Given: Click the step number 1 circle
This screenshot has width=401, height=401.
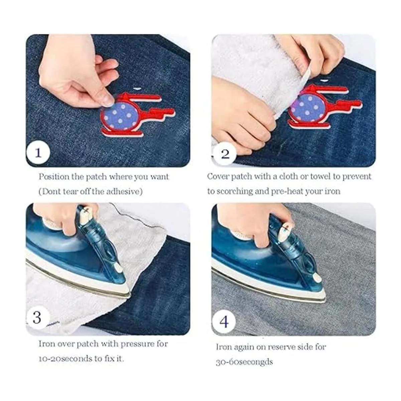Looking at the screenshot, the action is click(38, 154).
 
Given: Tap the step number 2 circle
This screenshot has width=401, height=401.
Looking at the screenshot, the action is click(225, 154).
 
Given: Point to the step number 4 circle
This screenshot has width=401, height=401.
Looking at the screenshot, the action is click(224, 322).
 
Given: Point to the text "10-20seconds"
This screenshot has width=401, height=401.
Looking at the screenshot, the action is click(65, 359).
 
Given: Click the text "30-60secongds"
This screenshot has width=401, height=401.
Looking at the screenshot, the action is click(244, 362).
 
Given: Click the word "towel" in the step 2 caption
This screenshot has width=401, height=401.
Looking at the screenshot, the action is click(320, 176).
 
